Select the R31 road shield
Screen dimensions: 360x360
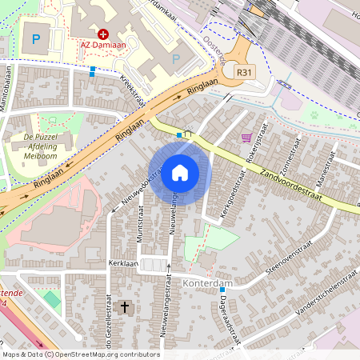246,72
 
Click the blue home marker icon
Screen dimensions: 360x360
180,173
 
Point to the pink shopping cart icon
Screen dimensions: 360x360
247,138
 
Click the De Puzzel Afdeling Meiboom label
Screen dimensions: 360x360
39,146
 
